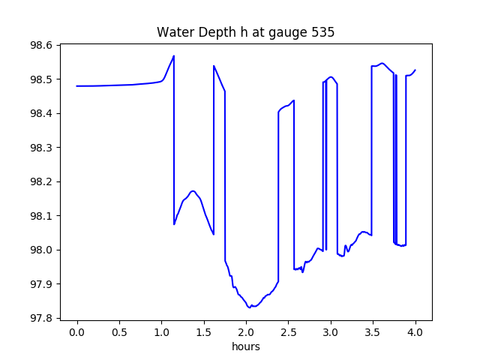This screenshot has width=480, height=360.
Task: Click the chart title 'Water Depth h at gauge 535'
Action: pyautogui.click(x=245, y=32)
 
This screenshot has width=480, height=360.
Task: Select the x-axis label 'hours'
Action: pyautogui.click(x=246, y=347)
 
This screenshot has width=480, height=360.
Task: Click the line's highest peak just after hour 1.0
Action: pyautogui.click(x=174, y=56)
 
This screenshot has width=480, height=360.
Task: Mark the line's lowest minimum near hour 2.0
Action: pyautogui.click(x=250, y=307)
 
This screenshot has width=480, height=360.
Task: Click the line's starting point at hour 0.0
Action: pyautogui.click(x=77, y=86)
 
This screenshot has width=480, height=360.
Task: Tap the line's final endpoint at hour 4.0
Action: pyautogui.click(x=415, y=70)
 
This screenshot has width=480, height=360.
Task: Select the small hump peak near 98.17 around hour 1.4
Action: pyautogui.click(x=193, y=191)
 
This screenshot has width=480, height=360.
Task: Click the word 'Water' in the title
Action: pyautogui.click(x=173, y=32)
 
